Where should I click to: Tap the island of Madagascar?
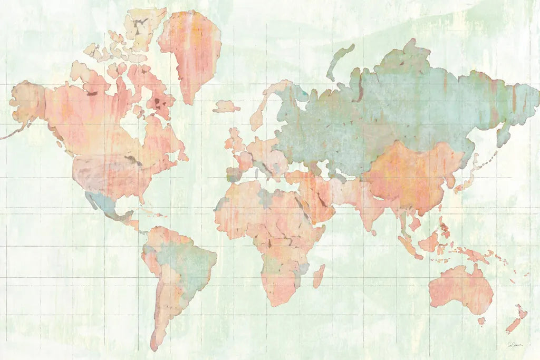pos(319,276)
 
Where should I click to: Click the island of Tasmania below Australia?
pos(481,320)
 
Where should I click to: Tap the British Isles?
pos(235,140)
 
